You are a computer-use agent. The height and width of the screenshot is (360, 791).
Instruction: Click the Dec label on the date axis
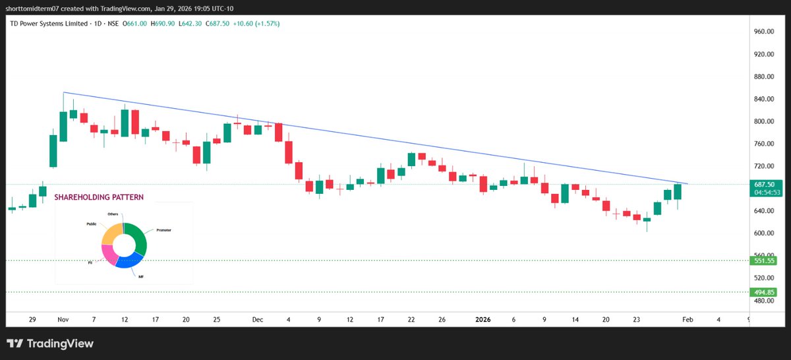[257, 319]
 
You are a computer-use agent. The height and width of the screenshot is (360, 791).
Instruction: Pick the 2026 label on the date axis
[483, 319]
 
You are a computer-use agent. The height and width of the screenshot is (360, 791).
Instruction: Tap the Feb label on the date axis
[687, 319]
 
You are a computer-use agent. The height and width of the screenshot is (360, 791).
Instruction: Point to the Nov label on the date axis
[63, 319]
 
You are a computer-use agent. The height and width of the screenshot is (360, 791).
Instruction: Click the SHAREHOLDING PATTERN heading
[99, 197]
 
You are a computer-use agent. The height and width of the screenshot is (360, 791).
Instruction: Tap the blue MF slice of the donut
[128, 261]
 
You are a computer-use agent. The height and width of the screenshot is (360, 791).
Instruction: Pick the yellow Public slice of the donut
[111, 233]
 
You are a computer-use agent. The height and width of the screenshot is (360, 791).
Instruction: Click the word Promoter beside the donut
[163, 231]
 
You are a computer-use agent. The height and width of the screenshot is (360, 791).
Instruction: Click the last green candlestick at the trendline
[678, 192]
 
